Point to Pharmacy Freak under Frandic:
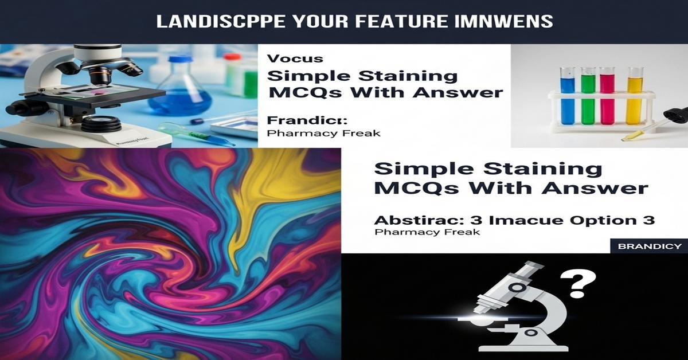(323, 133)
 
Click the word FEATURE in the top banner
(381, 22)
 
